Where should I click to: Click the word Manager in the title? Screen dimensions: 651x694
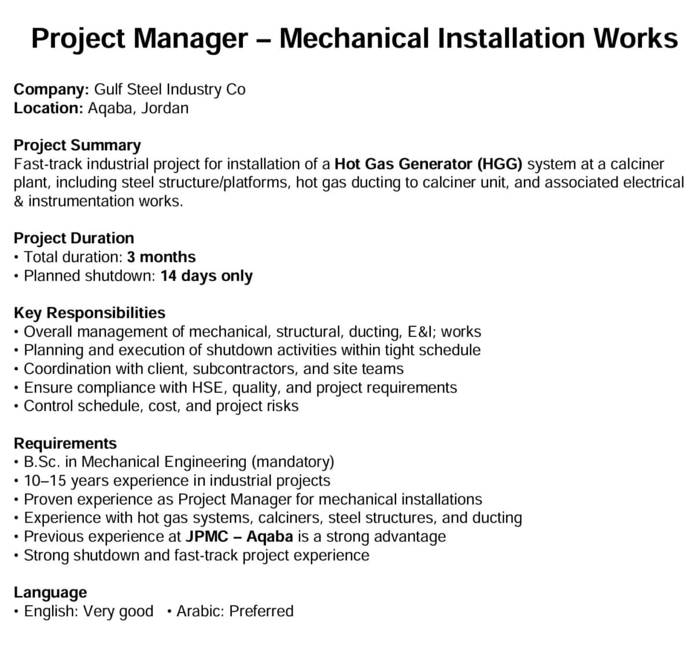(x=190, y=39)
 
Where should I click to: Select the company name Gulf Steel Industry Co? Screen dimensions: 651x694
(x=169, y=90)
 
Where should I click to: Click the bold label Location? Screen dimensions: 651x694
(x=49, y=108)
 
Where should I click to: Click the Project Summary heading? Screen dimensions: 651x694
(x=77, y=145)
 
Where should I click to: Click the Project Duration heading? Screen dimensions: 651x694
(x=73, y=238)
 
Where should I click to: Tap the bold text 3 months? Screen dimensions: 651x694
(x=161, y=257)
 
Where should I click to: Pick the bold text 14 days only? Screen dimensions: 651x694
(x=206, y=276)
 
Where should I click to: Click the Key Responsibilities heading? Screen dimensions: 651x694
(x=89, y=313)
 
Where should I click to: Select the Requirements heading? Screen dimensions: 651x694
(x=65, y=443)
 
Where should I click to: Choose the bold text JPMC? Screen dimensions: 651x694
(x=207, y=537)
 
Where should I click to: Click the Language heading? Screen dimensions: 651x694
(x=50, y=593)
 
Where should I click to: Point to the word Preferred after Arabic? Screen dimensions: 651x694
(x=261, y=611)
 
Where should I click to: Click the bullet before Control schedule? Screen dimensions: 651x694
(x=18, y=406)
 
